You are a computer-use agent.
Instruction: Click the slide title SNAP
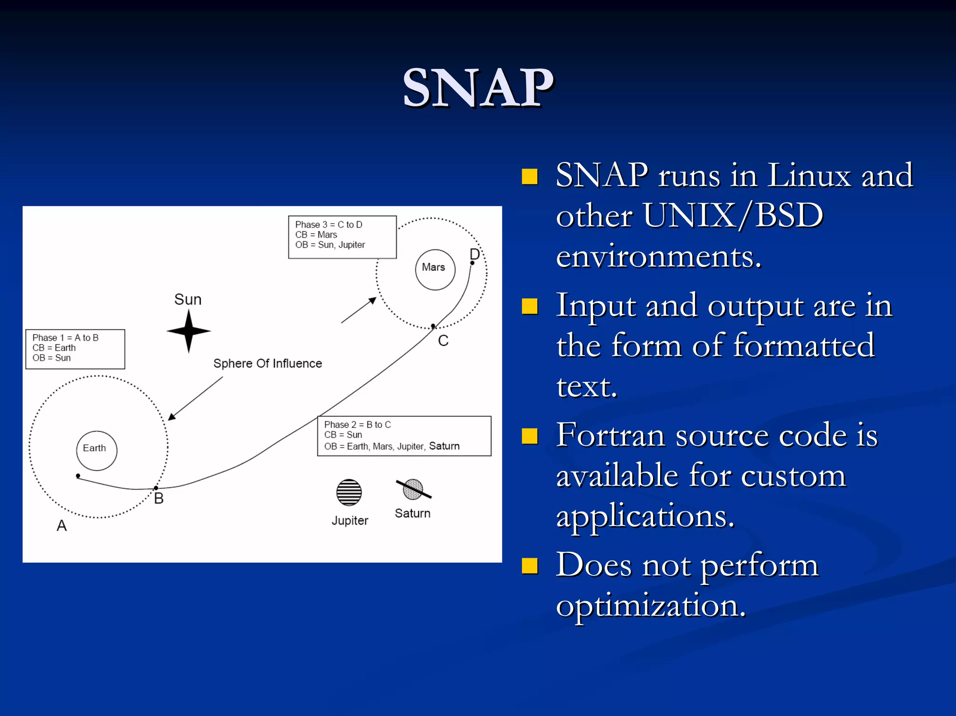478,88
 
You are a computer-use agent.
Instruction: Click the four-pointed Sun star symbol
189,331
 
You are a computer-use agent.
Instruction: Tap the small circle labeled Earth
97,450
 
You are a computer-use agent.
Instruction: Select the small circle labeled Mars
435,269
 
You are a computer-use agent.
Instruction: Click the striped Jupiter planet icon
349,492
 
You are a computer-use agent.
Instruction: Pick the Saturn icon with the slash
413,489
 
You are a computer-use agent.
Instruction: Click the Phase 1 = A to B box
75,349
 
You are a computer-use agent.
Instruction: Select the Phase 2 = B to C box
404,435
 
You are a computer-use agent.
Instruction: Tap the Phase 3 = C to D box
342,237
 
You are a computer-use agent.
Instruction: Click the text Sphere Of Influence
267,363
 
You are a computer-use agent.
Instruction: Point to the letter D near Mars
474,254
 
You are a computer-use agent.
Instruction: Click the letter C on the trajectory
443,341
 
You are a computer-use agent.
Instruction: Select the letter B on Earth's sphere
159,498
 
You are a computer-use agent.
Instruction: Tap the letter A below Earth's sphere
62,526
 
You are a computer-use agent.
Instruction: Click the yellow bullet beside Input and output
529,307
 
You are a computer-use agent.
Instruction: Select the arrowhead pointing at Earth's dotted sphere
171,417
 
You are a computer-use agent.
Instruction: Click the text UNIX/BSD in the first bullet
733,216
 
